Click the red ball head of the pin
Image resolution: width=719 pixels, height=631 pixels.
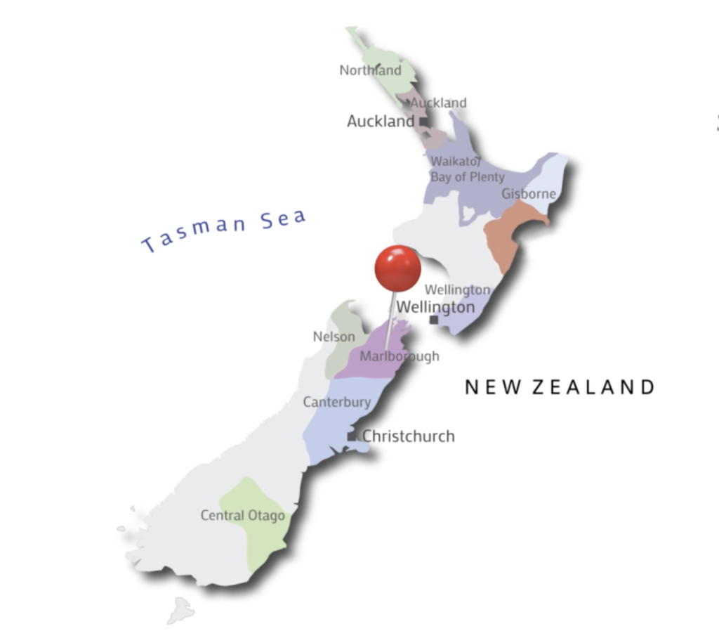click(397, 268)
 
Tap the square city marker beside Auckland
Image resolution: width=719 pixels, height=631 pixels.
click(424, 122)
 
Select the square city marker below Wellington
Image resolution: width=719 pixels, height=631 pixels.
click(434, 320)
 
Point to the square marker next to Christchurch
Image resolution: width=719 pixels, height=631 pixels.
click(352, 436)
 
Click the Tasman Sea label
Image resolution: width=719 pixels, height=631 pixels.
click(224, 229)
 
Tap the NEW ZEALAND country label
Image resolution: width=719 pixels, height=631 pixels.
click(560, 386)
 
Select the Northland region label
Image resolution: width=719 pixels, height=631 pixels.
click(370, 70)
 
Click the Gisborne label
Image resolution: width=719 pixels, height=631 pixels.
click(528, 194)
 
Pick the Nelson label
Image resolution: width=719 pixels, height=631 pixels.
click(334, 337)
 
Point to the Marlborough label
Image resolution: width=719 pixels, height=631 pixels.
click(400, 356)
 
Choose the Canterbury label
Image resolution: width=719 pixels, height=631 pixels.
click(336, 402)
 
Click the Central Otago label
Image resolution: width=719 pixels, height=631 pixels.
click(243, 515)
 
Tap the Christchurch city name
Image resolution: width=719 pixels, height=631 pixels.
click(408, 436)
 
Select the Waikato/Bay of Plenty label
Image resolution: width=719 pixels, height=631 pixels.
click(467, 169)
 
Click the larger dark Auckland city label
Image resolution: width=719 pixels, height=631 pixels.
click(381, 122)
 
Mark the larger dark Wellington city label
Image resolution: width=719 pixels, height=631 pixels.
click(435, 307)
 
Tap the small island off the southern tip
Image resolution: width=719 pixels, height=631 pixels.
click(180, 609)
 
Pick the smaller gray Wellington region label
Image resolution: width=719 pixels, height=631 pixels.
click(457, 290)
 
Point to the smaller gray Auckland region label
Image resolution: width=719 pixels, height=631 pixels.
click(439, 103)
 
